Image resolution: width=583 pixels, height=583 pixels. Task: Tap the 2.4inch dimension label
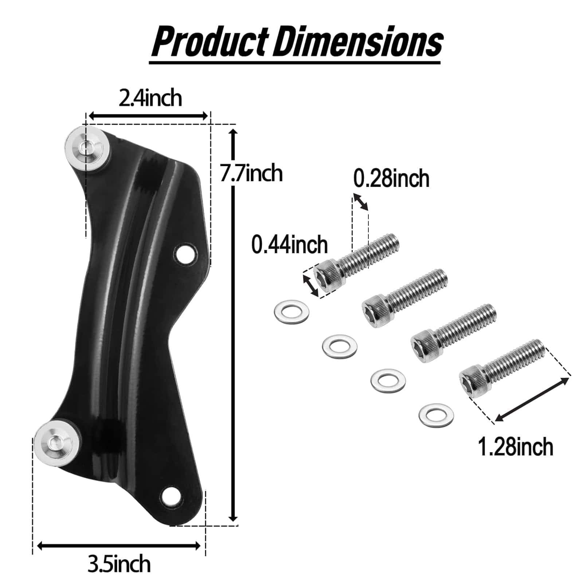tap(150, 98)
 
